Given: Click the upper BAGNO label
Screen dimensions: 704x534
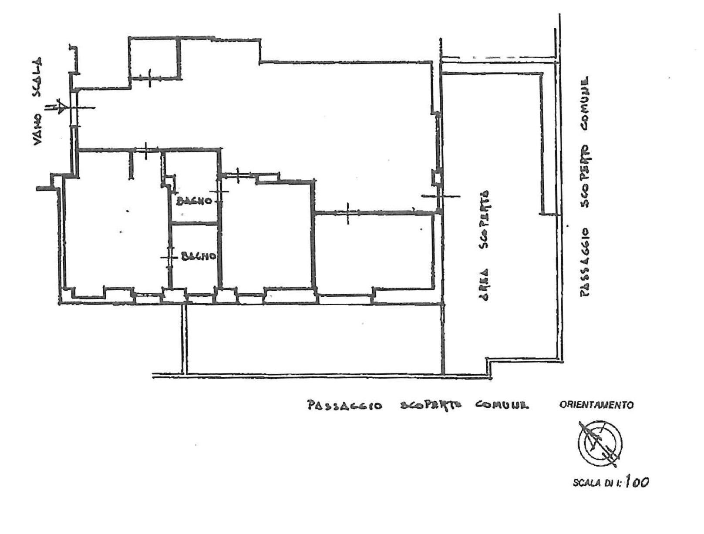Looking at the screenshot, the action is [x=194, y=202].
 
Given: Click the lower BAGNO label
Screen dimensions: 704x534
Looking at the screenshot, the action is [x=198, y=256].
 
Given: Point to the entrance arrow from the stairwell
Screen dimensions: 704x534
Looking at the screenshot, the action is [x=57, y=107].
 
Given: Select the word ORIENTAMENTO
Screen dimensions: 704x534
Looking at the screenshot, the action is [x=596, y=405].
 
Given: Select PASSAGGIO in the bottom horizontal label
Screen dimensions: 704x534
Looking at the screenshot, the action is [x=344, y=406].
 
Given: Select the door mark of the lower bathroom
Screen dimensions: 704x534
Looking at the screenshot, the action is [x=169, y=257].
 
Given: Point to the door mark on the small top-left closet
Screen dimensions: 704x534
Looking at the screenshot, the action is [x=149, y=77].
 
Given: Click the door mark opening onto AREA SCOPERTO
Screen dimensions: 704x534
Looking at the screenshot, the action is [x=440, y=196].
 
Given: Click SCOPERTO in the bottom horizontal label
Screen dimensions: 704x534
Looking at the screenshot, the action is [x=428, y=406].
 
